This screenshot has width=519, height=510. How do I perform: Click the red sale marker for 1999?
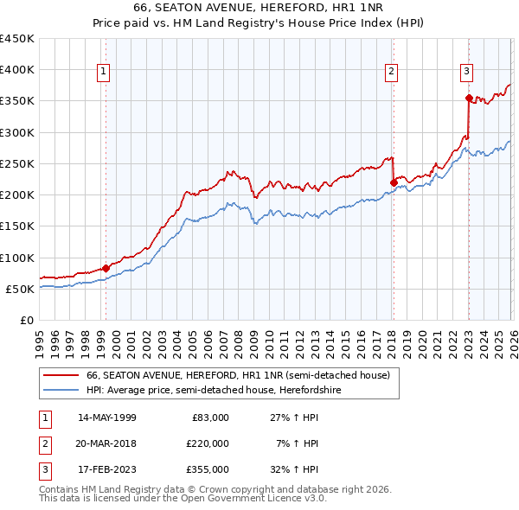pos(106,268)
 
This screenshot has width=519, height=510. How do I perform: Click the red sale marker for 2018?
pos(394,182)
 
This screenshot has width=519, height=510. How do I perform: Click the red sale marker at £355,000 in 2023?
pos(468,98)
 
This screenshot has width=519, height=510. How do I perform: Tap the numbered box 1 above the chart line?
pos(104,72)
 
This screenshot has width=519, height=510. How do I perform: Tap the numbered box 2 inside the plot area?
pos(392,72)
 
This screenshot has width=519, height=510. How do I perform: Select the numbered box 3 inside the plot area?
pos(466,72)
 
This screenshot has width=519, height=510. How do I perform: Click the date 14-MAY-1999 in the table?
pos(106,418)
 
